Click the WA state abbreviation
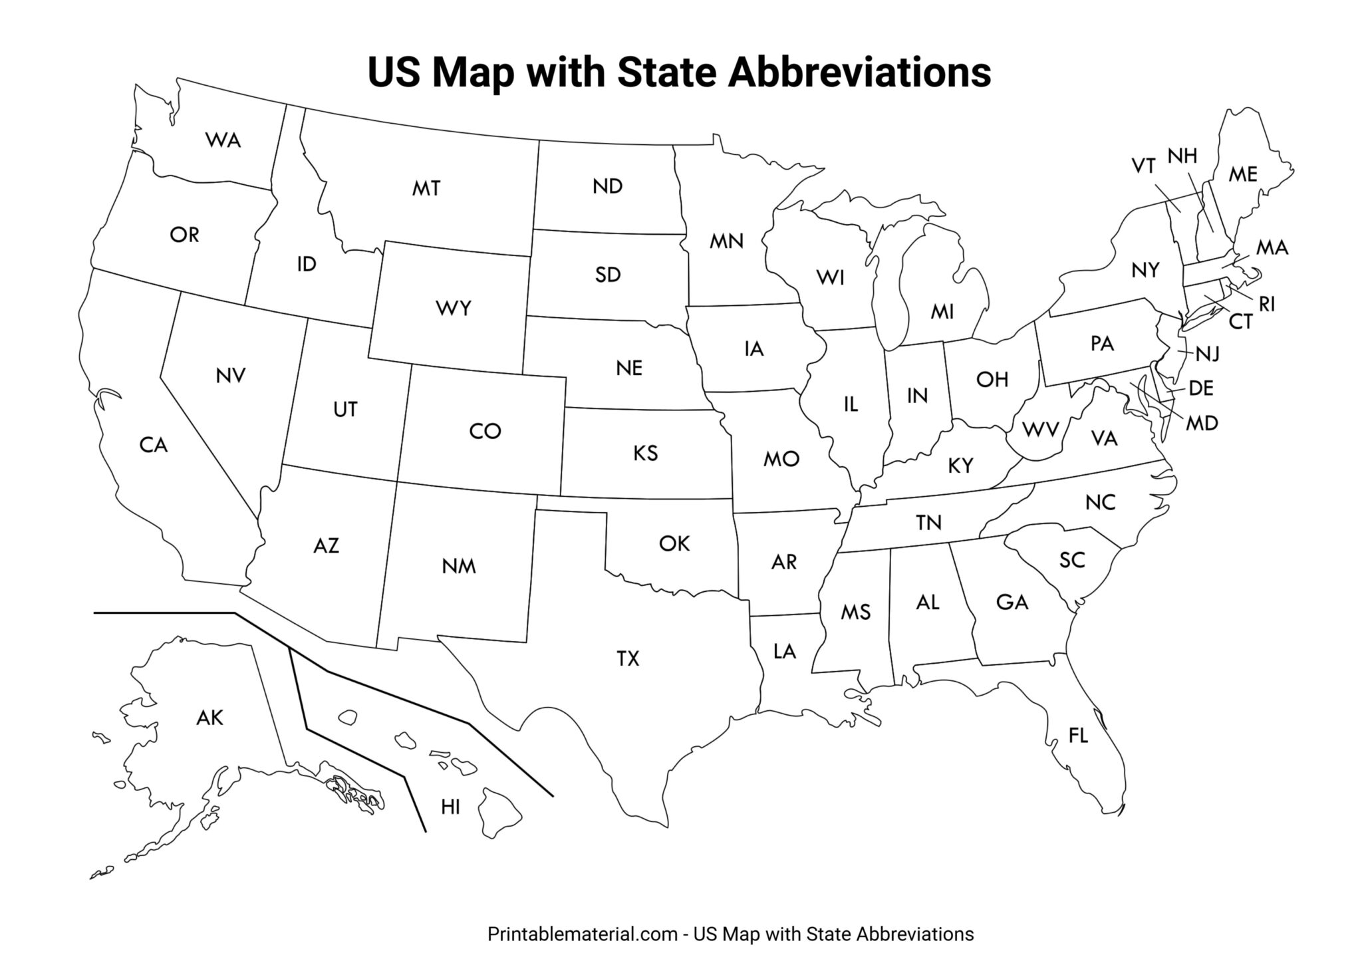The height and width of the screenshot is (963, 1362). pos(223,140)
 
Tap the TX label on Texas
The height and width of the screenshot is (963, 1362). pos(628,659)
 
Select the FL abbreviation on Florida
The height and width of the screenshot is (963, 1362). pos(1078,736)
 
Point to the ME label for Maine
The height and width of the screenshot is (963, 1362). pos(1242,174)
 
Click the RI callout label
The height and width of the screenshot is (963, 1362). pos(1267,304)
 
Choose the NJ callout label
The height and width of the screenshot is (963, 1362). pos(1208,354)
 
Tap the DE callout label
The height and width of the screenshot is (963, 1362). pos(1201,388)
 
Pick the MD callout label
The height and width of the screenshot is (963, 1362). pos(1202,423)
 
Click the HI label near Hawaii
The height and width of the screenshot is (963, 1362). pos(450,807)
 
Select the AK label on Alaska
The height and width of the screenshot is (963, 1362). pos(209,718)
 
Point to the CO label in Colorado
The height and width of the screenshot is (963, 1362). pos(485,432)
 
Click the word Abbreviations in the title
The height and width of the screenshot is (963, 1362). pos(859,72)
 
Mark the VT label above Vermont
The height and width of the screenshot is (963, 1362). pos(1144,166)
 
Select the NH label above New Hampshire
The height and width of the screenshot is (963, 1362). pos(1182,156)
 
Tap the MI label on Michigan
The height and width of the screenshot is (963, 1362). pos(942,311)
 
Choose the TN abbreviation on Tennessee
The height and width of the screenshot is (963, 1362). pos(928,523)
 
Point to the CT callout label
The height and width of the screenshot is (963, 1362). pos(1240,322)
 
